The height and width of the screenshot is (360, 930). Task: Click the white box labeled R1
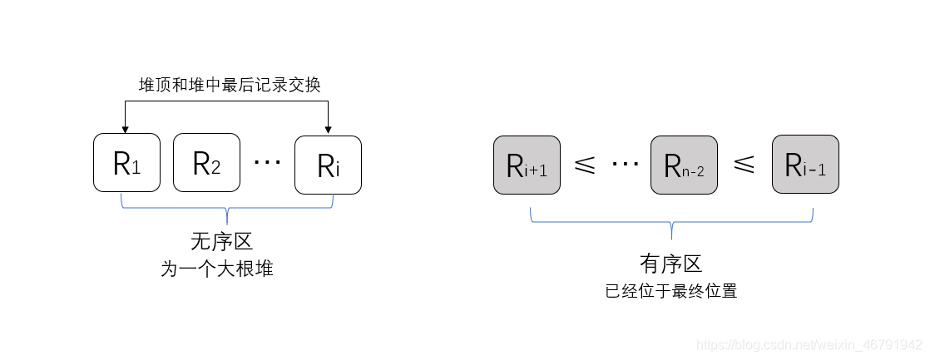(126, 163)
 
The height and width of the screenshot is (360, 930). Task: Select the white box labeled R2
(206, 163)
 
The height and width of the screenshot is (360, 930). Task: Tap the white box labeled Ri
(328, 165)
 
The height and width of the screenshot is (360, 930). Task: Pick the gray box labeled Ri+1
(527, 165)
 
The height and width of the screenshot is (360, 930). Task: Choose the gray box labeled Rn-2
(684, 165)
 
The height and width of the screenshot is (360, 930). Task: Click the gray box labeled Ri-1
(805, 165)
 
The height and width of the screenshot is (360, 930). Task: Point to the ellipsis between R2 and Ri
(267, 162)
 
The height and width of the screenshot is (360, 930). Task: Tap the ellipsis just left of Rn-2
(624, 164)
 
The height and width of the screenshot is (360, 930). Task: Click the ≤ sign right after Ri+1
(584, 165)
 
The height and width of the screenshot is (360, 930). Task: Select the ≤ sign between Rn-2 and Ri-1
(744, 165)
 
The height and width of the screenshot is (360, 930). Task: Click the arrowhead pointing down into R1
(125, 128)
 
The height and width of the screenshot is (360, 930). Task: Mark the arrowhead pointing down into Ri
(329, 128)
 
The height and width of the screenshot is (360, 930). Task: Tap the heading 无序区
(221, 241)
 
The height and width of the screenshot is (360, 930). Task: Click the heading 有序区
(670, 264)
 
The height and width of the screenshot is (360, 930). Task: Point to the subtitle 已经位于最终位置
(670, 292)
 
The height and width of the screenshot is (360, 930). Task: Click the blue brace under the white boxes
(227, 206)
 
